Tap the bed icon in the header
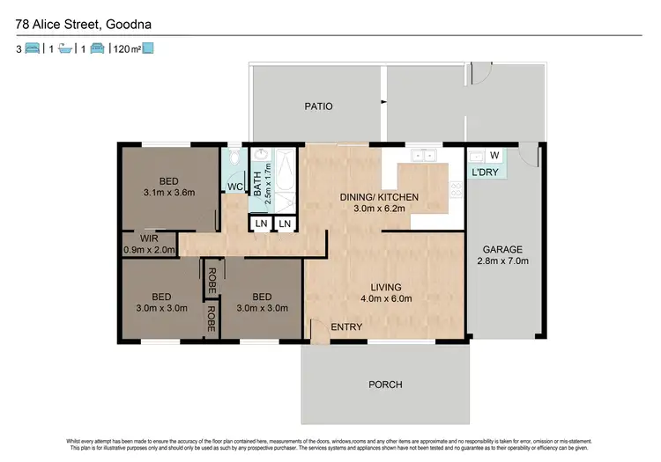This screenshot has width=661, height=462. click(x=31, y=49)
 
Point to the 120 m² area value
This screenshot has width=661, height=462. click(x=128, y=49)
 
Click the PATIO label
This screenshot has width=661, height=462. click(x=318, y=106)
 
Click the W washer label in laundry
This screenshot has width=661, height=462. click(x=494, y=156)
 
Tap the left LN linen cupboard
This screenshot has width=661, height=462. click(x=261, y=224)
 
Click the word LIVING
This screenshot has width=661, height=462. click(x=386, y=287)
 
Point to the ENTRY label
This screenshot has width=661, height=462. click(x=346, y=327)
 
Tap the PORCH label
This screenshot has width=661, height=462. click(x=386, y=385)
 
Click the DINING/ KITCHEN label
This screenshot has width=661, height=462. click(x=379, y=197)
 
